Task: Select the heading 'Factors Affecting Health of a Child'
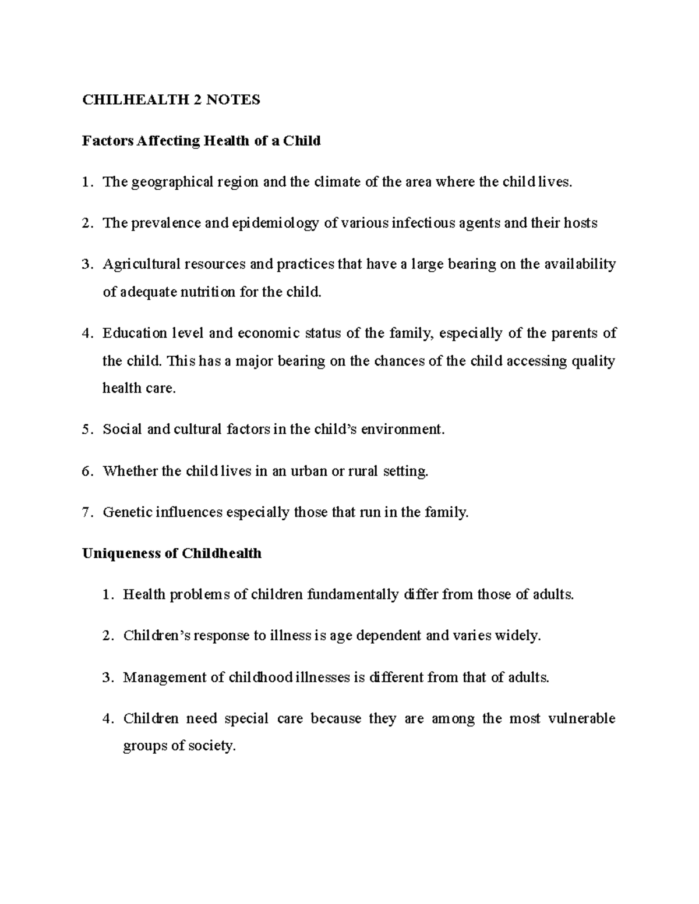[x=201, y=141]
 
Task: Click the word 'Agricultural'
[x=142, y=265]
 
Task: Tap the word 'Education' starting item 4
[x=134, y=334]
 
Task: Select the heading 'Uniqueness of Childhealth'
[x=172, y=553]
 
